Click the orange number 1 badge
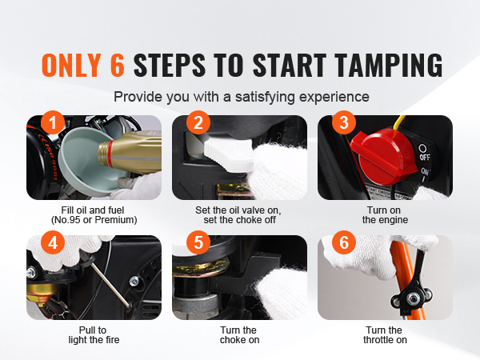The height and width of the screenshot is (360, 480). tap(53, 122)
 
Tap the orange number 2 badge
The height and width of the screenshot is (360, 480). tap(198, 122)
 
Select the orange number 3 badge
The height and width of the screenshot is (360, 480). tap(344, 122)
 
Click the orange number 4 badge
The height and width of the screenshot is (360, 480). tap(53, 242)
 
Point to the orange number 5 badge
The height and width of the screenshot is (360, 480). tap(198, 242)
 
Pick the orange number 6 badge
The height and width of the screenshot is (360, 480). tap(344, 242)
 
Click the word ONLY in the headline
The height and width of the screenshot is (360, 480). tap(71, 65)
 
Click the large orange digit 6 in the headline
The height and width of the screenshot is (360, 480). tap(118, 65)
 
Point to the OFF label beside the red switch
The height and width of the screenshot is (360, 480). tap(425, 158)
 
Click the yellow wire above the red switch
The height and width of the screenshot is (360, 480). tap(398, 122)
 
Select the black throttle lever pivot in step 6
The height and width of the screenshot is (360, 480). tap(413, 296)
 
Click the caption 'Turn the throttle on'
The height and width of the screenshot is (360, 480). tap(385, 335)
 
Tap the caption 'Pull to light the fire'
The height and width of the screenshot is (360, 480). tap(94, 335)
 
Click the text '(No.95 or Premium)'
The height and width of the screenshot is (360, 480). tap(94, 220)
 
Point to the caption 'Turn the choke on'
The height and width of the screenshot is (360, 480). tap(239, 335)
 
